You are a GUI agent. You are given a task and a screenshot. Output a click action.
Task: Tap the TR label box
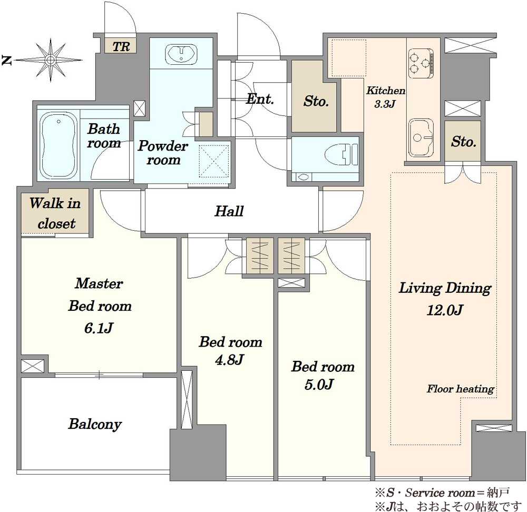[121, 46]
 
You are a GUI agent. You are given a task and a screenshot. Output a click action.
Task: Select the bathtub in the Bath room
[58, 145]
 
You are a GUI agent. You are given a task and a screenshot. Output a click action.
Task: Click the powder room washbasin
[181, 54]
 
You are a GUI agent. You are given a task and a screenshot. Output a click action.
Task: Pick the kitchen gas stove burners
[421, 63]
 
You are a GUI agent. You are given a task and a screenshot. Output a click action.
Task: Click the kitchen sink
[421, 137]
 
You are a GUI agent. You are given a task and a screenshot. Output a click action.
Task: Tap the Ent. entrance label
[260, 99]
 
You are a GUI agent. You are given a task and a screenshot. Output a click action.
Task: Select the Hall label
[229, 211]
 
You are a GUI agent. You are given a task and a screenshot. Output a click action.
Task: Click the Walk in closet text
[55, 213]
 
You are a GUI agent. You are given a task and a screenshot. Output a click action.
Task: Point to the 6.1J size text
[98, 328]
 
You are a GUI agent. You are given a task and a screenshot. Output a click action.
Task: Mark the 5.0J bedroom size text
[319, 385]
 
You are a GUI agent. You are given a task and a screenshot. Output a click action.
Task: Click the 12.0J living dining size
[445, 310]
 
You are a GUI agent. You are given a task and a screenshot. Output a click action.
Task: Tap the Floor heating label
[460, 389]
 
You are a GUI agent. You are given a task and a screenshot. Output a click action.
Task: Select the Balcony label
[95, 424]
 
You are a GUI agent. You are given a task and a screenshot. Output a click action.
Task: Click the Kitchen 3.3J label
[385, 97]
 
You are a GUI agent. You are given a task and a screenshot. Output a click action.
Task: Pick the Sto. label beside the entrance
[316, 101]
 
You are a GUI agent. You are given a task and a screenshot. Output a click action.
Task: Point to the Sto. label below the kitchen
[463, 142]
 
